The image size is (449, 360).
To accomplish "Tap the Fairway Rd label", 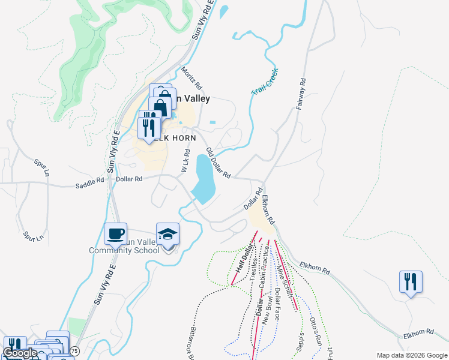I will click(301, 94).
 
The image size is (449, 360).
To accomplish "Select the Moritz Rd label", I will click(191, 78).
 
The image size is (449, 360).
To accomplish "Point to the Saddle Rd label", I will click(89, 186).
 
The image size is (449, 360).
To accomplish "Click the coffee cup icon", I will click(115, 233).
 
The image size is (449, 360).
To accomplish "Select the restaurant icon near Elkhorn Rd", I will click(411, 281).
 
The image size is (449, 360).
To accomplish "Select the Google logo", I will click(20, 353).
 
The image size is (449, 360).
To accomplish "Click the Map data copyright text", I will click(411, 355).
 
